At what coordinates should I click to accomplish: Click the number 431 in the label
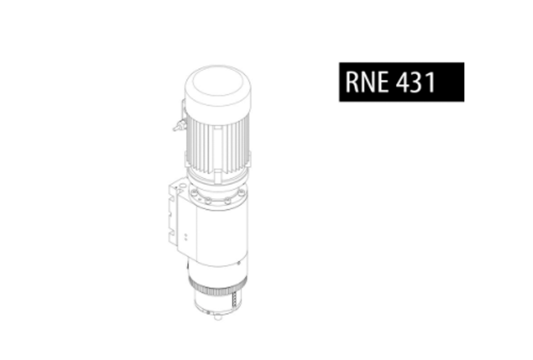click(x=415, y=82)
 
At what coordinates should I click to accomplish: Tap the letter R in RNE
click(x=352, y=82)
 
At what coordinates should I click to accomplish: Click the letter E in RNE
click(x=383, y=82)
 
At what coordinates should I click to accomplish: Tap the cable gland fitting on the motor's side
click(x=178, y=126)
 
